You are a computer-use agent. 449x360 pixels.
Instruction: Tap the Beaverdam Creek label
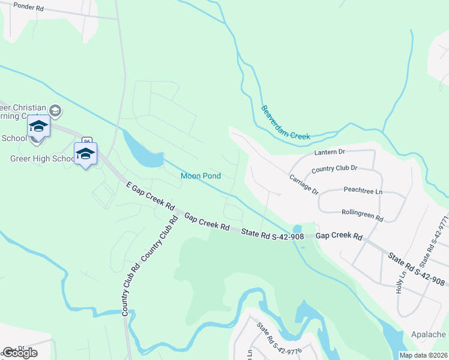tap(286, 123)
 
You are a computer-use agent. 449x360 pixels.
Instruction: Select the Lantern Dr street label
tap(330, 153)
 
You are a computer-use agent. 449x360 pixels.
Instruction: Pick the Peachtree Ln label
tap(363, 190)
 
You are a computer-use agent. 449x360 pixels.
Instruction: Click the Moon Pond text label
tap(200, 176)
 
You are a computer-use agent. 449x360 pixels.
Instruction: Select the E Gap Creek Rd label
tap(150, 196)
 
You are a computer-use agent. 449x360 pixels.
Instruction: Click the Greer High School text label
tap(42, 159)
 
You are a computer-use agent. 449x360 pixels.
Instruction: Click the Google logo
tap(19, 353)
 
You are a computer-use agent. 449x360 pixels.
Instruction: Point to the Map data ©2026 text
tap(423, 355)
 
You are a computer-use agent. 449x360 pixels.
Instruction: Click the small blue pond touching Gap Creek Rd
tap(297, 230)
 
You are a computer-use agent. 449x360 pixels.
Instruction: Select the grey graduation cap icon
tap(55, 110)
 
